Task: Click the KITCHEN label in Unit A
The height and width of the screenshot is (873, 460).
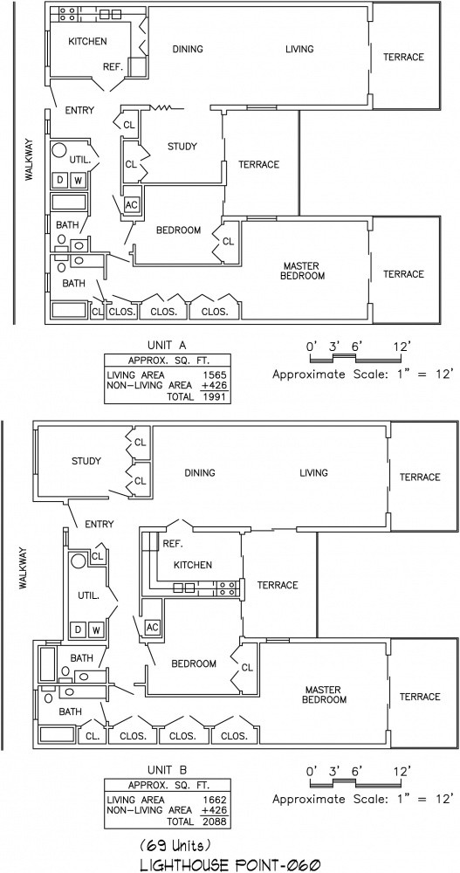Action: pos(87,41)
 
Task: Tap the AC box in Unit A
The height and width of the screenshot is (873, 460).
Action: pos(132,205)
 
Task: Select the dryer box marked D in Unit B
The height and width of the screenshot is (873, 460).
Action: pos(79,629)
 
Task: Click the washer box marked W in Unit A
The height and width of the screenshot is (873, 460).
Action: pos(79,180)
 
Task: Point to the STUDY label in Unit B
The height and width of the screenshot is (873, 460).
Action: pos(86,461)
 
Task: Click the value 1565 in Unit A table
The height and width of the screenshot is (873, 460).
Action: pos(214,375)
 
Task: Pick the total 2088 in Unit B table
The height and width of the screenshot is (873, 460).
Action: pos(216,821)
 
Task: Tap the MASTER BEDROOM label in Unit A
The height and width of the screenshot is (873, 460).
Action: pos(304,271)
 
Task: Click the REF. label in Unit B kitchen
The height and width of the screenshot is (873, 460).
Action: pos(173,544)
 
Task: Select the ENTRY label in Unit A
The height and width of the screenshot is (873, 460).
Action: pos(79,110)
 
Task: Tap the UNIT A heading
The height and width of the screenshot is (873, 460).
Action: pos(167,345)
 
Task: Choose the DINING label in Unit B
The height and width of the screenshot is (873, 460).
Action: pos(200,473)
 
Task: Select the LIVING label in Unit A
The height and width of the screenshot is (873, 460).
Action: pos(299,50)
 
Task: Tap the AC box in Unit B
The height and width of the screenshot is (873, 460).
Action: pos(152,627)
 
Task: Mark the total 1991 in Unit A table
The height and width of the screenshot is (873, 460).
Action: pos(215,397)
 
